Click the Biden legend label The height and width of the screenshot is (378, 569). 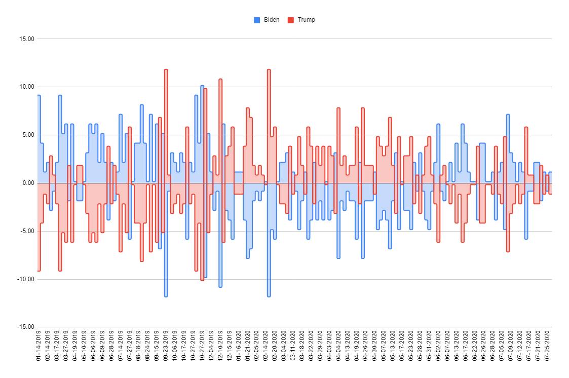click(272, 20)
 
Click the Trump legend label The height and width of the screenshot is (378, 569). click(306, 20)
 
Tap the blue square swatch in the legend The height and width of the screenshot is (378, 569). click(257, 20)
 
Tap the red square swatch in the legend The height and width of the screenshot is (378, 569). click(291, 20)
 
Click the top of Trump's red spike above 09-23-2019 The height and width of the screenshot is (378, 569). click(166, 70)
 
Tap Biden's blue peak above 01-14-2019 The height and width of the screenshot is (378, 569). click(39, 96)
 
